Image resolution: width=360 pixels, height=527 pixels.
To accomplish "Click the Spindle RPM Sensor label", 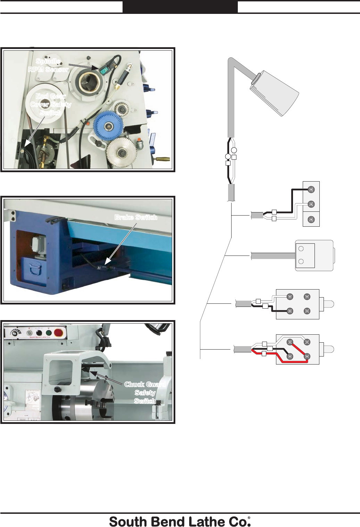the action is tap(49, 65).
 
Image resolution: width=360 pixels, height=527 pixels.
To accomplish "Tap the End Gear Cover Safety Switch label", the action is tap(51, 104).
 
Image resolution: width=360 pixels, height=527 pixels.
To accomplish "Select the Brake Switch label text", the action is tap(136, 217).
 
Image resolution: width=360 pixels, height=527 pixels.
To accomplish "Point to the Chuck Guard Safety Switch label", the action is tap(145, 392).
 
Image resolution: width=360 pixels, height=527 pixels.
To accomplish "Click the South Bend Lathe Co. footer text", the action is tap(180, 521).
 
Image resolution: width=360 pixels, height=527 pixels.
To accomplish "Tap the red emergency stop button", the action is tap(58, 333).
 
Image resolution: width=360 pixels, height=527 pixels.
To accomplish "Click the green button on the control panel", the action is tap(49, 333).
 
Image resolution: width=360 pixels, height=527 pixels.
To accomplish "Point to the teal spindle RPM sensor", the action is tap(104, 70).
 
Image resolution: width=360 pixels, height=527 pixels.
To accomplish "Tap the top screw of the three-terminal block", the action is tap(311, 190).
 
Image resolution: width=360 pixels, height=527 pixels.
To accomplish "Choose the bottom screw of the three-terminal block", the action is tap(311, 219).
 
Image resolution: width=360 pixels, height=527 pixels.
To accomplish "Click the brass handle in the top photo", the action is tap(163, 159).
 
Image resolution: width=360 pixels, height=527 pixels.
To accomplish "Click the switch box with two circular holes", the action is tap(305, 256).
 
